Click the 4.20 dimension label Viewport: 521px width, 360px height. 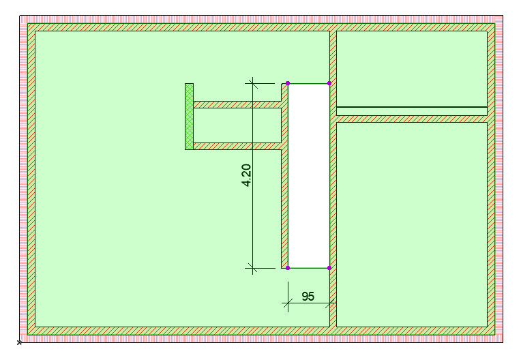(246, 175)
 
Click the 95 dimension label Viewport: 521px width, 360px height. (308, 296)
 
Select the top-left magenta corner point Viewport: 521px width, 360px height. (288, 83)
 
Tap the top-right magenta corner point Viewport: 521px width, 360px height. (329, 83)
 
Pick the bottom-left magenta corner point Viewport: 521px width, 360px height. (288, 268)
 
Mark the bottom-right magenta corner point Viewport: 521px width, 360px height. (329, 268)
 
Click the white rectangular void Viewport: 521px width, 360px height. (309, 176)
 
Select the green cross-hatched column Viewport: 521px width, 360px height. (189, 117)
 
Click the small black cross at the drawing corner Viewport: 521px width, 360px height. (19, 342)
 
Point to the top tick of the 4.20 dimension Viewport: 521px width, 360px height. (252, 83)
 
